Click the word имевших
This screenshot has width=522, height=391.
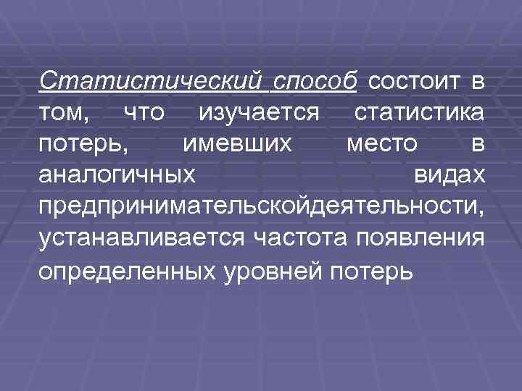(237, 143)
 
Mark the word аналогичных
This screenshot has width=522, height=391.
(117, 175)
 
